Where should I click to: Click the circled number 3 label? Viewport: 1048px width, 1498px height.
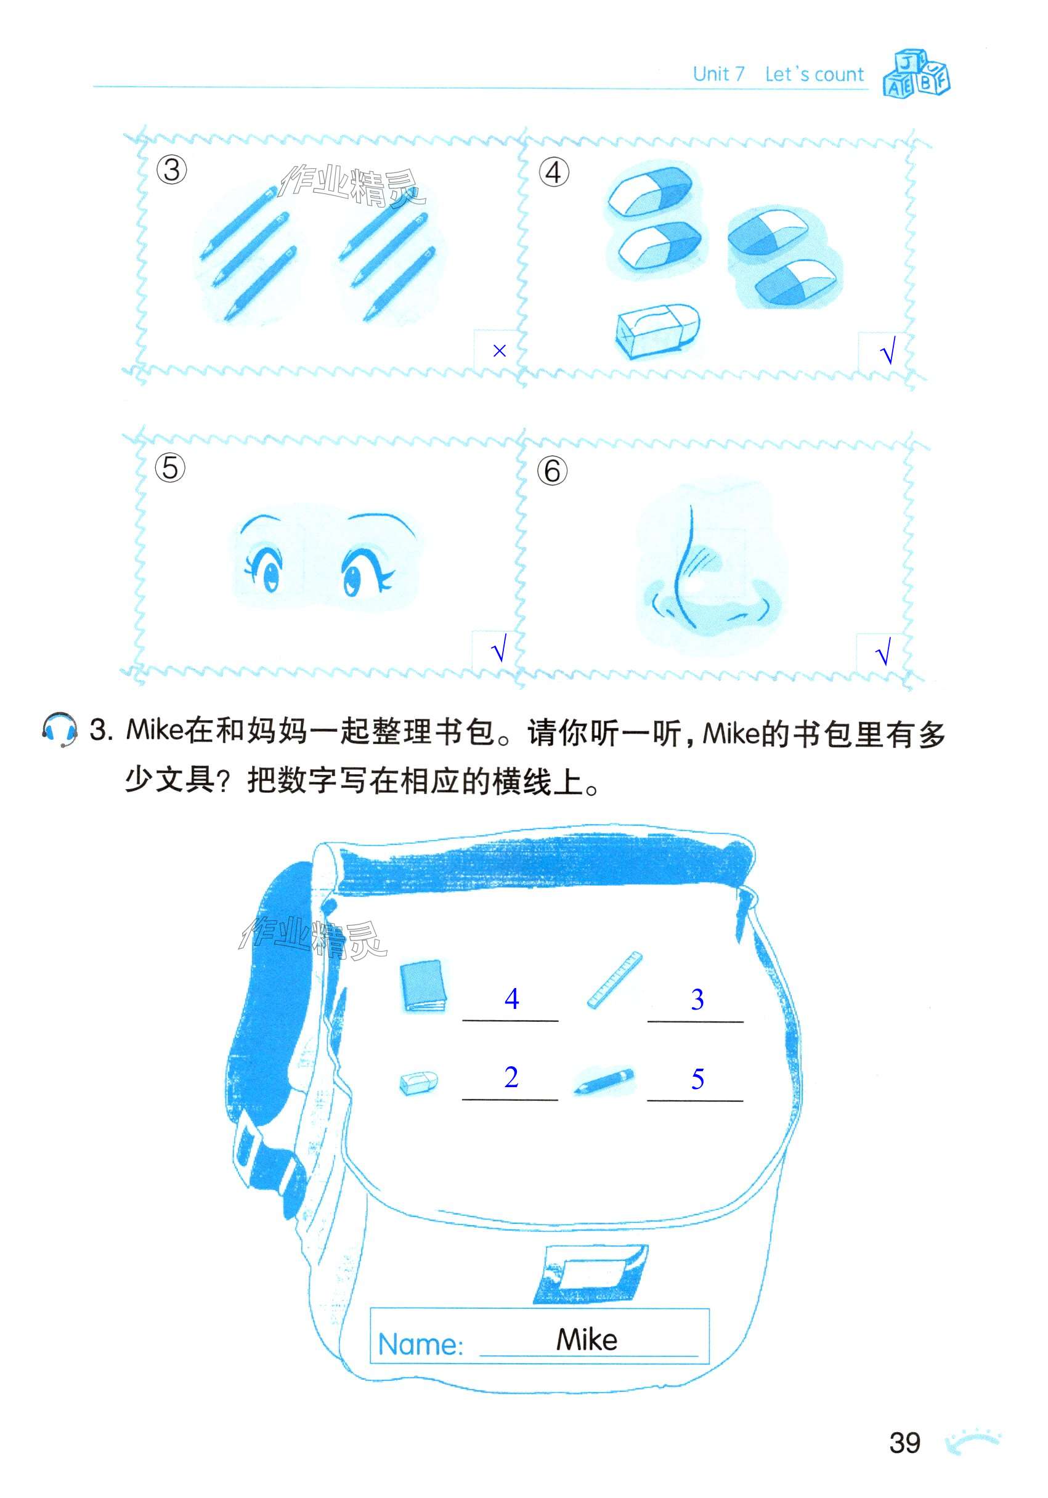coord(172,169)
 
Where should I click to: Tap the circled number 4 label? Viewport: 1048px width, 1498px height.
coord(553,172)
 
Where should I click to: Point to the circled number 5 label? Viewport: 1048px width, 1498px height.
coord(170,468)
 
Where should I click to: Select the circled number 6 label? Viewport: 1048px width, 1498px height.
coord(552,471)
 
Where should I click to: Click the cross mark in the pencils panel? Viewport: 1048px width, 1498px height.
coord(499,351)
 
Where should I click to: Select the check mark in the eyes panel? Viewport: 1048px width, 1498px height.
coord(498,649)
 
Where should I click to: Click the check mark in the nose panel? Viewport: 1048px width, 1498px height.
coord(883,651)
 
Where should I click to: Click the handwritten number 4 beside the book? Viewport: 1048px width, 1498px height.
coord(511,998)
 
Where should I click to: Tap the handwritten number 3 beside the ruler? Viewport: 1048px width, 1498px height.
coord(697,999)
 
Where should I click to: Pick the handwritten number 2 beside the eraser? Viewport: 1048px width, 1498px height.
coord(511,1077)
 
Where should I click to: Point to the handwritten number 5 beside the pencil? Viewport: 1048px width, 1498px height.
coord(697,1079)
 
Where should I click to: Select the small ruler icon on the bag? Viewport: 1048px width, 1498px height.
coord(614,980)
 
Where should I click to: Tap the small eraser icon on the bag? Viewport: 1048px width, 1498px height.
coord(418,1082)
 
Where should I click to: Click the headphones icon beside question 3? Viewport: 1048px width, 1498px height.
coord(59,729)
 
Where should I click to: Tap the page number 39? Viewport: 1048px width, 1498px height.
coord(904,1442)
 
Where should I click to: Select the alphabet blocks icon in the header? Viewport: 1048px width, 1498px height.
coord(916,73)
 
